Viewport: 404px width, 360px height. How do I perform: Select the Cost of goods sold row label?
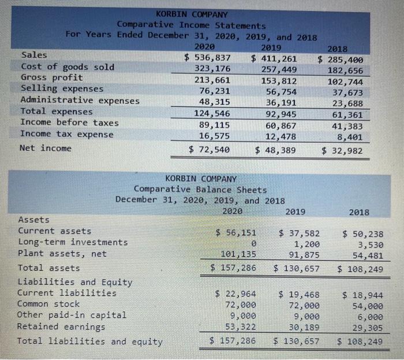pos(68,66)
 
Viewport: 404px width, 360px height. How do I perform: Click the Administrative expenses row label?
pos(80,100)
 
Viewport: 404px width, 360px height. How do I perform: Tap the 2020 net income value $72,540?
pos(210,150)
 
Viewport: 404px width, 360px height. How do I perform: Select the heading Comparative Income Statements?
pos(192,25)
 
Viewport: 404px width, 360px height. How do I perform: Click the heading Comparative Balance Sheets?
pos(200,190)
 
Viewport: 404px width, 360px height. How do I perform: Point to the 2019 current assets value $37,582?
pos(296,233)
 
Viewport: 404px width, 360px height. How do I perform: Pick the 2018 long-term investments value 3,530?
pos(368,244)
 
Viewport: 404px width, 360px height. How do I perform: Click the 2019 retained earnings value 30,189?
pos(302,328)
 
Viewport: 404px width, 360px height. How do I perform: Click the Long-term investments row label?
pos(73,242)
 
